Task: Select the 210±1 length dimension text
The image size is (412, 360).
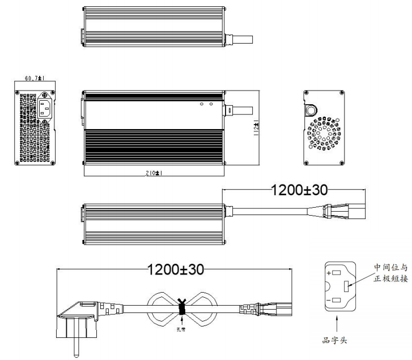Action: coord(153,172)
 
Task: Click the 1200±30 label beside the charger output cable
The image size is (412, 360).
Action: coord(299,191)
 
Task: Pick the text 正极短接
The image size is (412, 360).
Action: coord(391,278)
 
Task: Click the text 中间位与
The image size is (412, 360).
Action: coord(391,267)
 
